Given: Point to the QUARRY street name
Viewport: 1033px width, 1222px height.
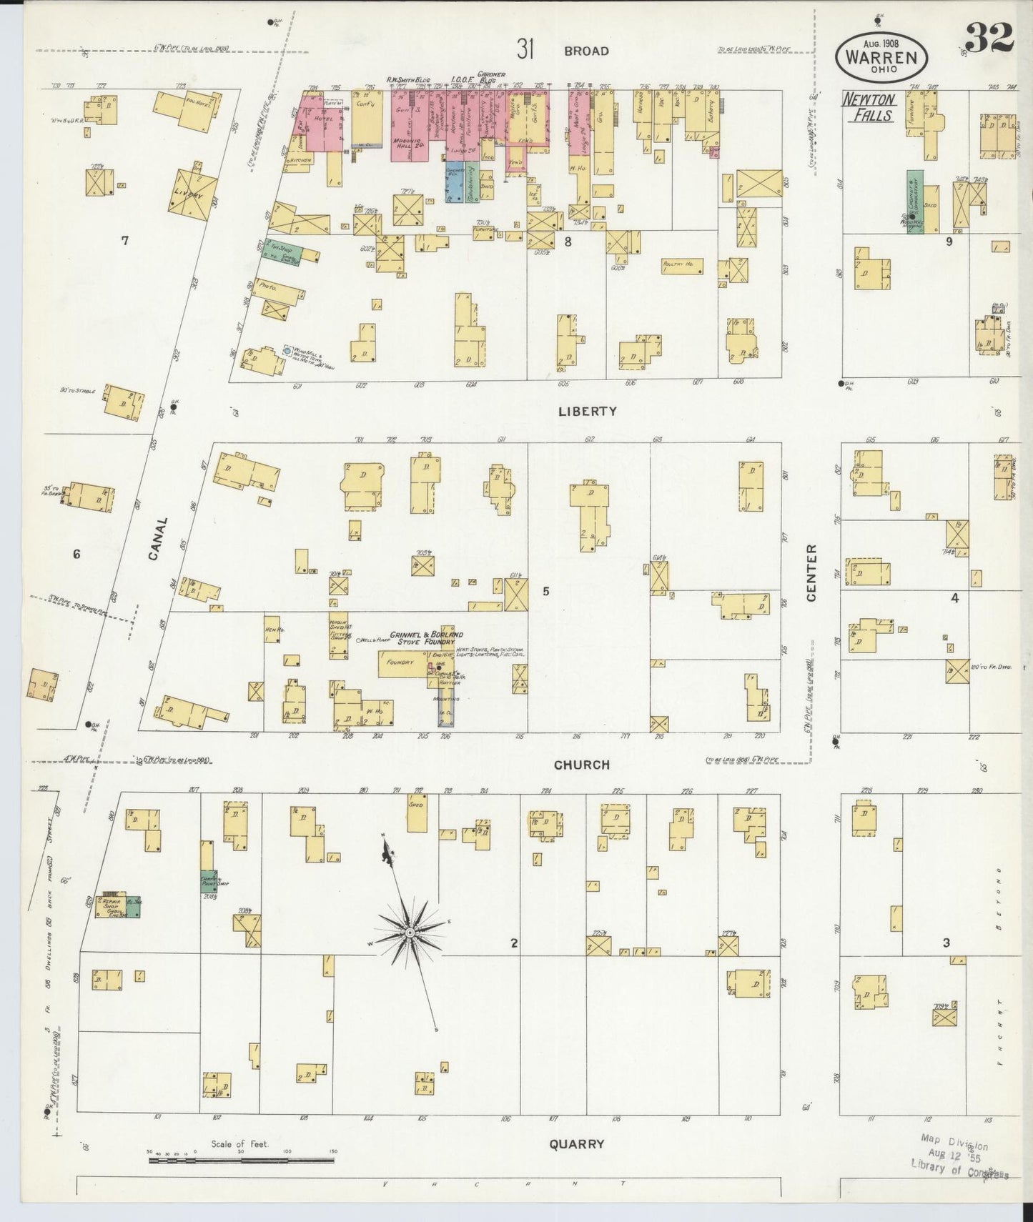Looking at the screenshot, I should [x=577, y=1143].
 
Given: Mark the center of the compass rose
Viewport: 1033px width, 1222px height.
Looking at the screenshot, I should [x=410, y=933].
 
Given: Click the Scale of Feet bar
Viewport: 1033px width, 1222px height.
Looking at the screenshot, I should [x=243, y=1161].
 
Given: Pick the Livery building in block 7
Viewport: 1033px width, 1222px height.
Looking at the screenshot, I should [x=189, y=192].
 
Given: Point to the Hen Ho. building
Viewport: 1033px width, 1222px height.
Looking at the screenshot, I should [x=272, y=630].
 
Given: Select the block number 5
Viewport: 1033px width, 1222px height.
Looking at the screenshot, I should [x=545, y=591].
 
